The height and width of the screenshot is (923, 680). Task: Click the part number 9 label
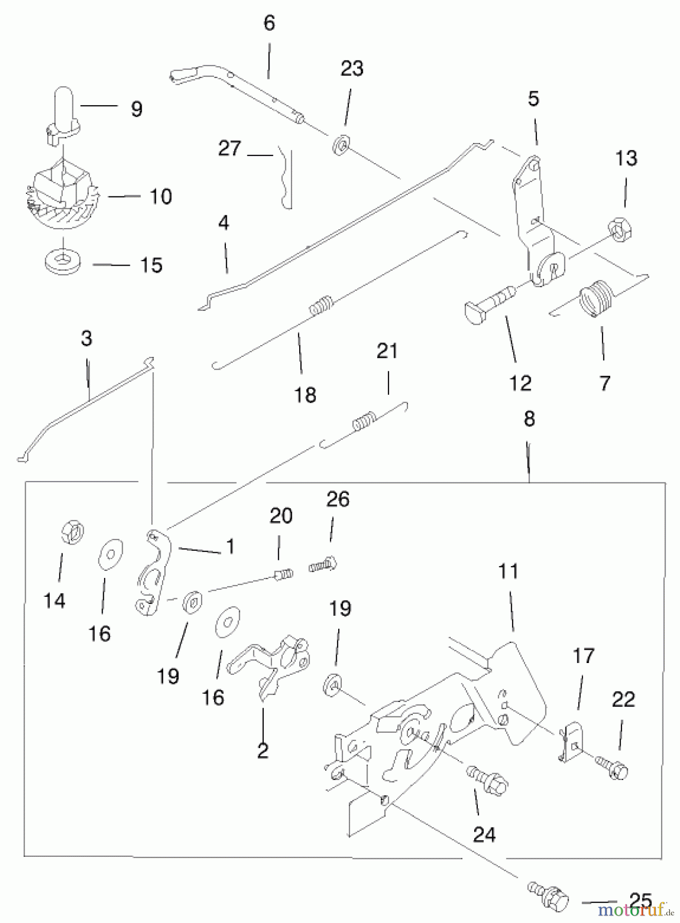click(137, 109)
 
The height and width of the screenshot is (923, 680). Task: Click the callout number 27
click(229, 149)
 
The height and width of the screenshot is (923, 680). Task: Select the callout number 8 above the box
click(529, 419)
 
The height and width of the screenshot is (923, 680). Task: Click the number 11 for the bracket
click(509, 571)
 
